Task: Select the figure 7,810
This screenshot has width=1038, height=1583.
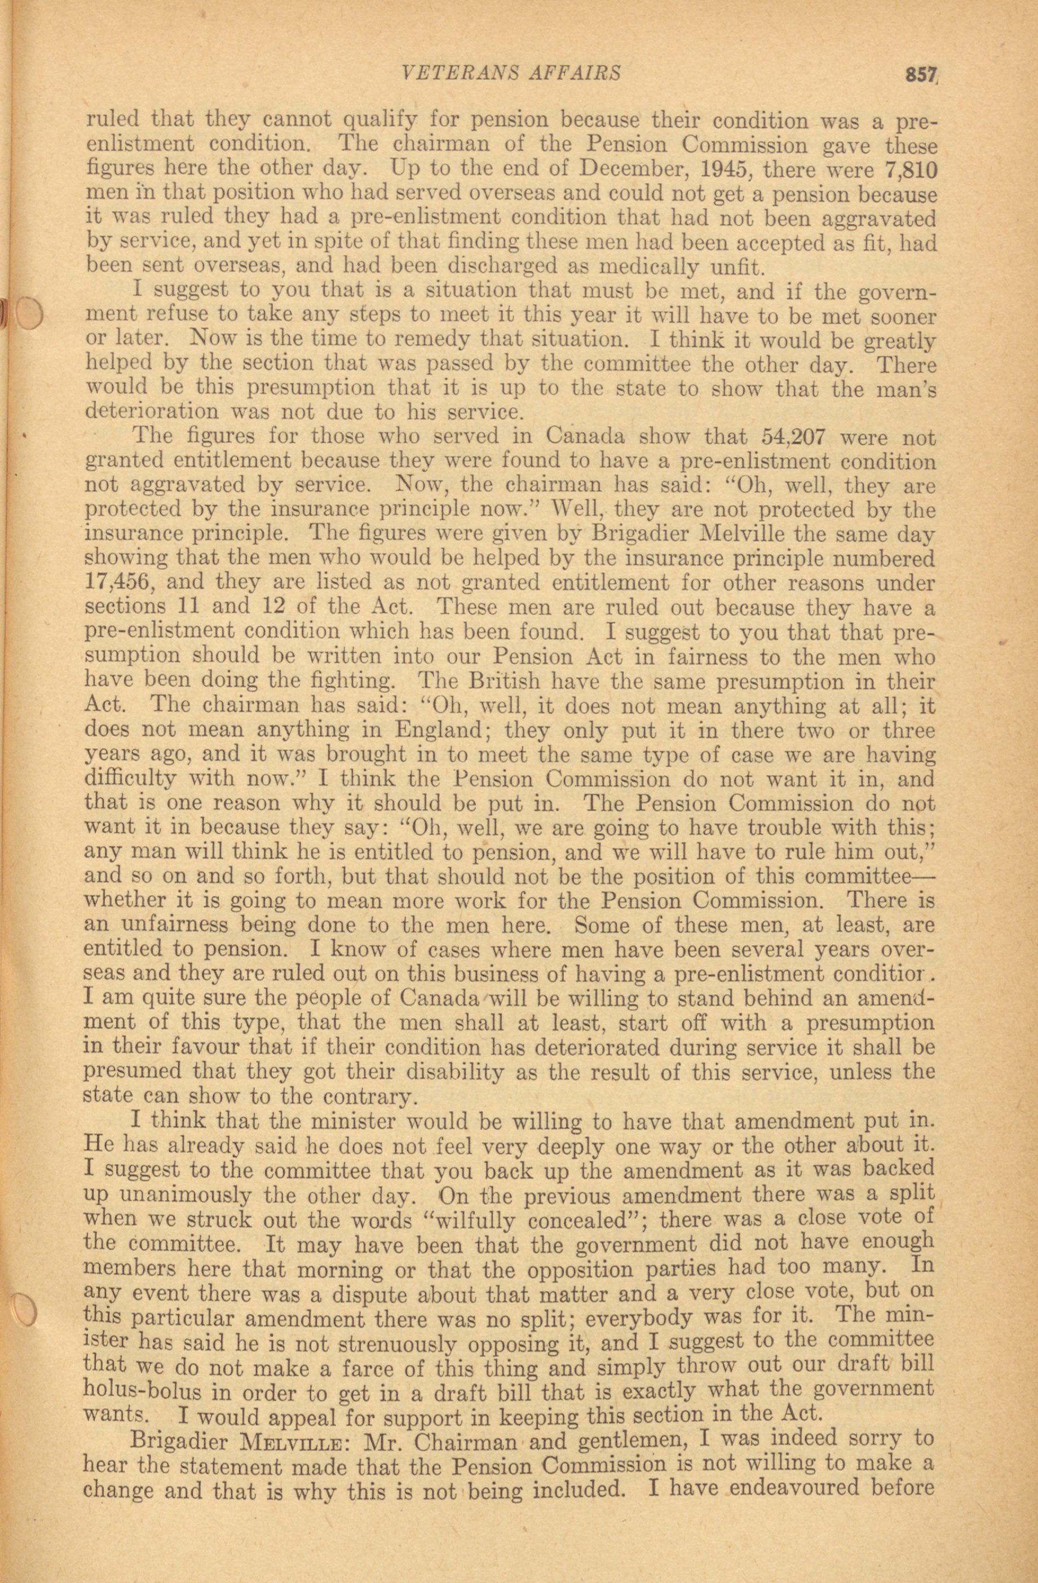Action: click(912, 170)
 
